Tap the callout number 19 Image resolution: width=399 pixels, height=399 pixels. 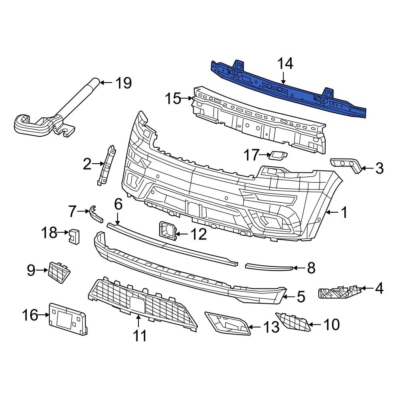(123, 83)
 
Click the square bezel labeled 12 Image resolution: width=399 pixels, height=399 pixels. (167, 232)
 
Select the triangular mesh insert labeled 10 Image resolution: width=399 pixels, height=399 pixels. (293, 321)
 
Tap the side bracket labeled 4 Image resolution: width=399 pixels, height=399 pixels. (339, 292)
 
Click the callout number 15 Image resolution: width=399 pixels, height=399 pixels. (173, 98)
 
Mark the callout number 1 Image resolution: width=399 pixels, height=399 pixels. (344, 212)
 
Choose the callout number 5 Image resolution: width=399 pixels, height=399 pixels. (300, 296)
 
